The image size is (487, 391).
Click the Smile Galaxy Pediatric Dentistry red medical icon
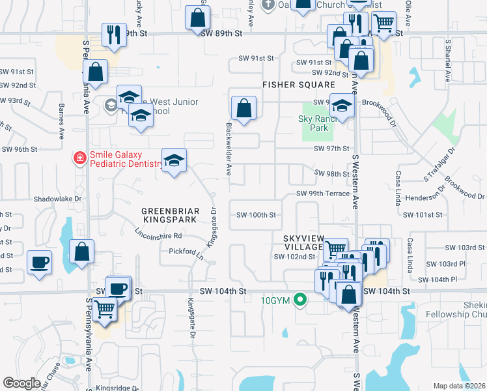pyautogui.click(x=79, y=158)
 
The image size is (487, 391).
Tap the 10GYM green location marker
pyautogui.click(x=299, y=300)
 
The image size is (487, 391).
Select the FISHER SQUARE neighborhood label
pyautogui.click(x=299, y=85)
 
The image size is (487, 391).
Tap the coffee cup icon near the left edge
pyautogui.click(x=40, y=263)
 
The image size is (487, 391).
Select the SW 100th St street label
pyautogui.click(x=257, y=214)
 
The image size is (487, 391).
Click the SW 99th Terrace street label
pyautogui.click(x=323, y=194)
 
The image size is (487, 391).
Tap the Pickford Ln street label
pyautogui.click(x=186, y=251)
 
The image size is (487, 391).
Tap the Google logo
pyautogui.click(x=21, y=383)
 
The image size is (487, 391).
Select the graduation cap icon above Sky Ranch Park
pyautogui.click(x=341, y=104)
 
